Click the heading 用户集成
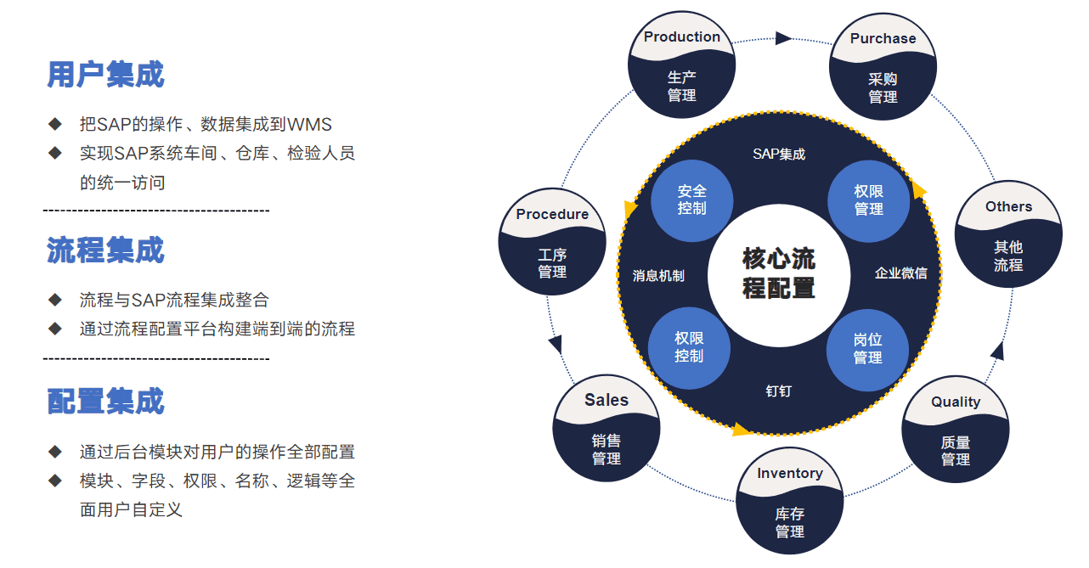coord(105,75)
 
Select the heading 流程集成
coord(105,250)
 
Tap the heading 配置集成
coord(105,401)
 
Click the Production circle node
coord(681,66)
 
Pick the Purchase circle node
coord(883,68)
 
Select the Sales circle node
coord(607,430)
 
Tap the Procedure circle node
coord(552,243)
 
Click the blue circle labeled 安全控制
coord(691,200)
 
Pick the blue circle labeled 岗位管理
coord(867,349)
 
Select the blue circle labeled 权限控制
coord(689,347)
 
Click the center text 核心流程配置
coord(779,273)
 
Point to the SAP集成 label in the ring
coord(779,154)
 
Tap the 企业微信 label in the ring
coord(901,273)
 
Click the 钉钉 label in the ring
coord(778,391)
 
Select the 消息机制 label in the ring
coord(658,275)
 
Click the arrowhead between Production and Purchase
coord(782,38)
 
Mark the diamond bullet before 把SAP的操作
coord(55,124)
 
